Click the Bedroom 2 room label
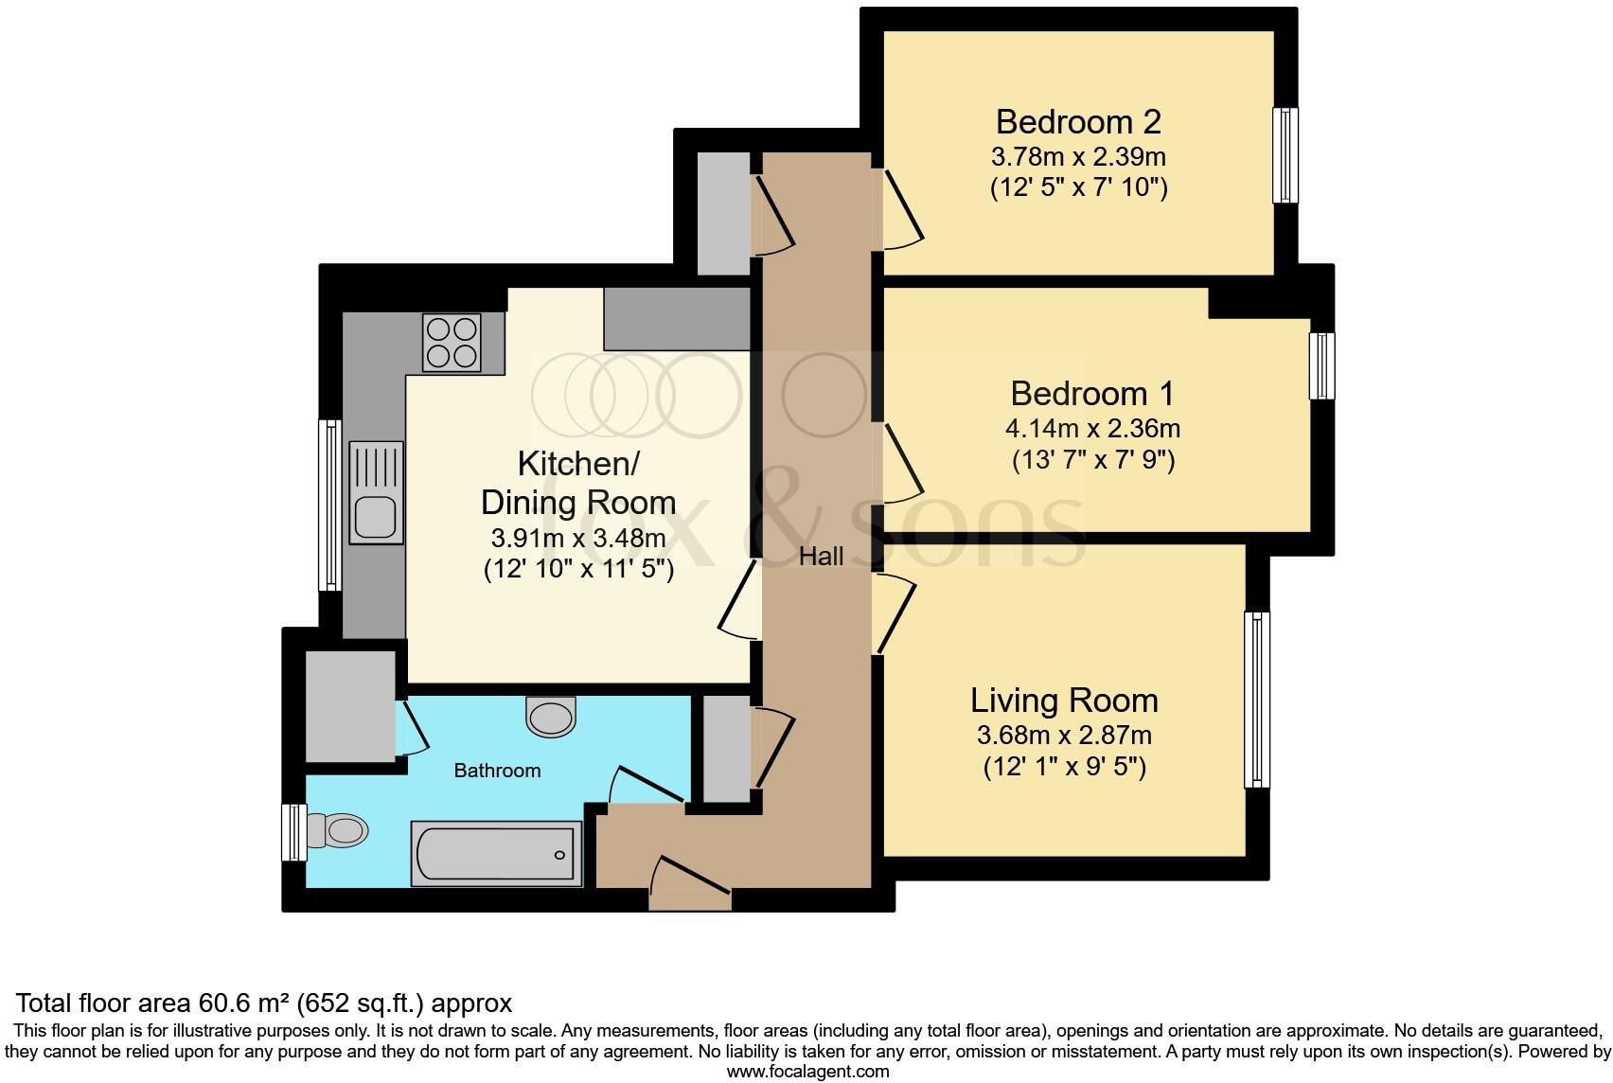pyautogui.click(x=1078, y=122)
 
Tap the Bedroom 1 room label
pyautogui.click(x=1092, y=394)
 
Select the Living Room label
pyautogui.click(x=1064, y=701)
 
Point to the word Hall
pyautogui.click(x=821, y=556)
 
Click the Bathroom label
pyautogui.click(x=497, y=771)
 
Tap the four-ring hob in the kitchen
pyautogui.click(x=452, y=342)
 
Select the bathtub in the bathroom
pyautogui.click(x=496, y=853)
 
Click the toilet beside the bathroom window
pyautogui.click(x=337, y=830)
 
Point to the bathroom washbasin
pyautogui.click(x=551, y=716)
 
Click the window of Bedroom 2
pyautogui.click(x=1285, y=155)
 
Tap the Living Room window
pyautogui.click(x=1256, y=700)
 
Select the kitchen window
pyautogui.click(x=329, y=505)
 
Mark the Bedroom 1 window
pyautogui.click(x=1321, y=365)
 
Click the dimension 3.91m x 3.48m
pyautogui.click(x=578, y=538)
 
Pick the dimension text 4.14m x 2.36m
pyautogui.click(x=1092, y=429)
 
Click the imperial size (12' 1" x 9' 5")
pyautogui.click(x=1064, y=767)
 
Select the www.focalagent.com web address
pyautogui.click(x=807, y=1072)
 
